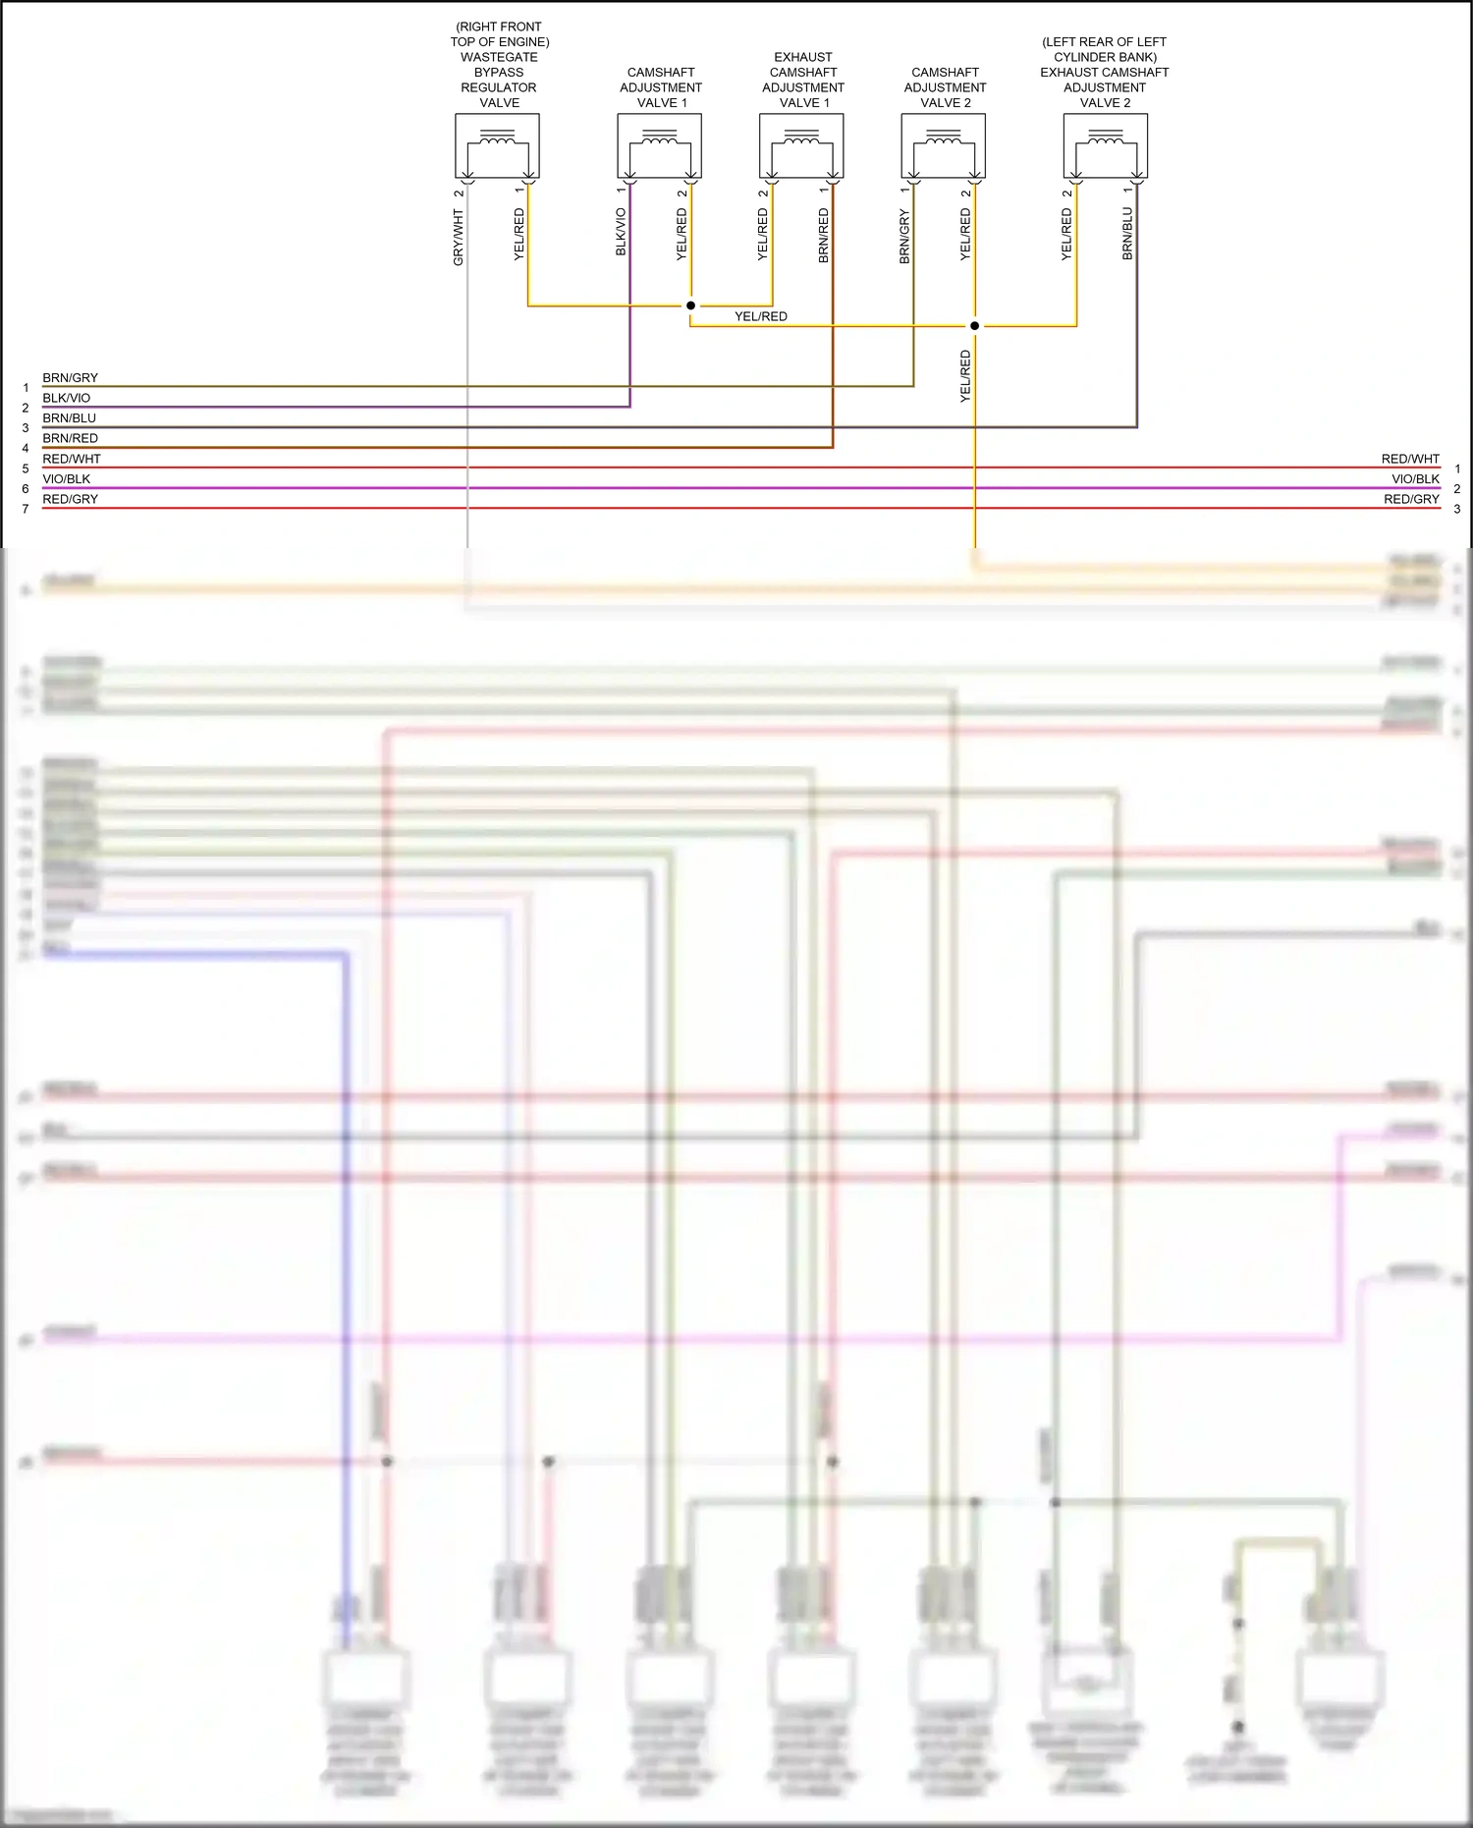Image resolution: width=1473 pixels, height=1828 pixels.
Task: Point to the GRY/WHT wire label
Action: click(459, 237)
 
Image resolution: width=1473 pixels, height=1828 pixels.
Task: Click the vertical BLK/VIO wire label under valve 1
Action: click(621, 232)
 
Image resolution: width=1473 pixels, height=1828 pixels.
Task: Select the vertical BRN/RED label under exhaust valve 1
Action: click(824, 235)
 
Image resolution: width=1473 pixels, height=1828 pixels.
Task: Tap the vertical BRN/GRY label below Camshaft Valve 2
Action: click(904, 237)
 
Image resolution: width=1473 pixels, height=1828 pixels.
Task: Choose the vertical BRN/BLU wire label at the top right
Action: click(1128, 233)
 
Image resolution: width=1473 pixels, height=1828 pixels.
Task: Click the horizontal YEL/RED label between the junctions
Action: click(761, 316)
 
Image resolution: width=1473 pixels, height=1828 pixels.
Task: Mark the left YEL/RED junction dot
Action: click(690, 305)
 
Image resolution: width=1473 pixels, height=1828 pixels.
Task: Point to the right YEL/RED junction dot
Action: click(974, 326)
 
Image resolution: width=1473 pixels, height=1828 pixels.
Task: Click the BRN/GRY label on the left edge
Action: click(70, 378)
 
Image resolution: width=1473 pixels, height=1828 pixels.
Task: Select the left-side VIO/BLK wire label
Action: click(66, 479)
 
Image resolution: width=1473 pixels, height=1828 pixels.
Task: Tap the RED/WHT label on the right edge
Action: click(1410, 459)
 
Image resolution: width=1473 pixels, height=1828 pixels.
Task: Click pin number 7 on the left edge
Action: click(26, 509)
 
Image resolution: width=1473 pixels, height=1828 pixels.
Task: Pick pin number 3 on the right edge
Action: click(1457, 509)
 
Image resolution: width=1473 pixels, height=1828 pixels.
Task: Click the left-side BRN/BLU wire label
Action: click(69, 418)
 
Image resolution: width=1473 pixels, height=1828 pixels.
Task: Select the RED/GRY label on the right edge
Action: click(1411, 499)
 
